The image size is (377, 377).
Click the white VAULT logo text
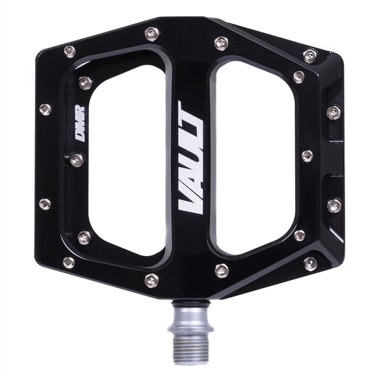(191, 159)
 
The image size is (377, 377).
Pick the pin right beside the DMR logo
(77, 159)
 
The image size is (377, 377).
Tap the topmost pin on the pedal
(152, 32)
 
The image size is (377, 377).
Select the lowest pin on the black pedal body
(151, 280)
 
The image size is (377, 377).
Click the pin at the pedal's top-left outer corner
(69, 51)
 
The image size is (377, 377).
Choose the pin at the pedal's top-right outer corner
(310, 55)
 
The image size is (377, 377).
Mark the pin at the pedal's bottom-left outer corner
(68, 262)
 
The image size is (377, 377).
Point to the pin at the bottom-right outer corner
(310, 263)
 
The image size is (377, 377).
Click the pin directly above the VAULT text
(221, 44)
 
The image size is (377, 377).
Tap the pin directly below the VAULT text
(221, 270)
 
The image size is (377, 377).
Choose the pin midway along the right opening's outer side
(307, 156)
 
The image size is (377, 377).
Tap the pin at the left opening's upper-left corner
(85, 82)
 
